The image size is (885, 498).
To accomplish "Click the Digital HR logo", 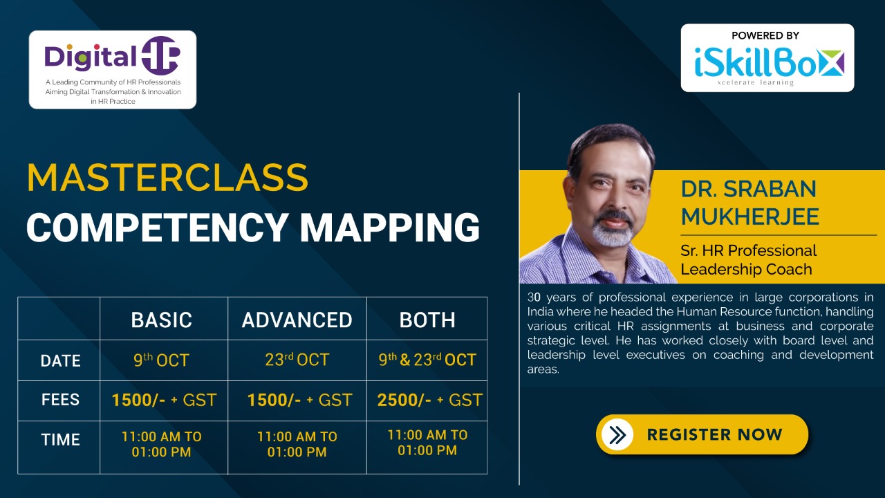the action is click(x=113, y=70).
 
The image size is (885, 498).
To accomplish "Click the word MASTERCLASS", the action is click(x=167, y=178).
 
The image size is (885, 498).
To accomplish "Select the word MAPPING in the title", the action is click(x=389, y=228).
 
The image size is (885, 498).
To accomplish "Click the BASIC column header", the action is click(x=162, y=320).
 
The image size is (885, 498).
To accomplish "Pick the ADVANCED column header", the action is click(x=297, y=320).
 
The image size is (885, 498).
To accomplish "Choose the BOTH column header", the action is click(x=427, y=320).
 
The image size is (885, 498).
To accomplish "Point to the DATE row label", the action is click(x=60, y=361).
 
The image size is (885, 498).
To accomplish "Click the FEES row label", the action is click(x=60, y=400).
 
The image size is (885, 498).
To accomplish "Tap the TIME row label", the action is click(x=60, y=439).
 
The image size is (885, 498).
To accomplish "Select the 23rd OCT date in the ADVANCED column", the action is click(x=297, y=360).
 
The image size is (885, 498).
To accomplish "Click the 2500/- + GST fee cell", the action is click(x=430, y=400).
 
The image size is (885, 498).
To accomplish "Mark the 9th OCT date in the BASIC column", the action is click(x=162, y=360).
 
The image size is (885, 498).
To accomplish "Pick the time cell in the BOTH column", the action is click(x=427, y=443).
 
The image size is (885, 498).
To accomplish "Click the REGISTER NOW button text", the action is click(x=715, y=434).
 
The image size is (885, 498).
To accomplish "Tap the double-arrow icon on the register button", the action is click(x=617, y=435).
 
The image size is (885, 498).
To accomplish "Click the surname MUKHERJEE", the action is click(x=750, y=216).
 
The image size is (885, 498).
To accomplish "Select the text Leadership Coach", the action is click(x=746, y=269).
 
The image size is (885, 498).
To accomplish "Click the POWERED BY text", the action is click(x=765, y=35).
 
